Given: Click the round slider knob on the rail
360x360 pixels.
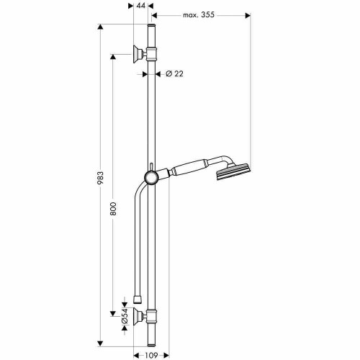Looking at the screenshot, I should (150, 178).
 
